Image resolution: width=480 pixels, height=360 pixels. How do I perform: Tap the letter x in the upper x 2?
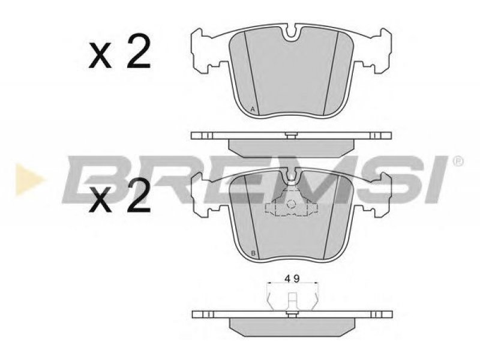pyautogui.click(x=100, y=55)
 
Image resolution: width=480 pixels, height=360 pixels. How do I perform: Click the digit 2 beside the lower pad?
pyautogui.click(x=139, y=195)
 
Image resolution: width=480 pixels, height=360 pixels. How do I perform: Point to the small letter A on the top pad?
pyautogui.click(x=253, y=109)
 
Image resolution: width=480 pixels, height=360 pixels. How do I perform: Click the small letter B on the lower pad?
pyautogui.click(x=253, y=253)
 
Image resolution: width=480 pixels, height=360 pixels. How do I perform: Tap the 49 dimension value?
pyautogui.click(x=292, y=278)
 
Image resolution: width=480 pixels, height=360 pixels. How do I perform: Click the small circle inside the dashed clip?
pyautogui.click(x=291, y=203)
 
